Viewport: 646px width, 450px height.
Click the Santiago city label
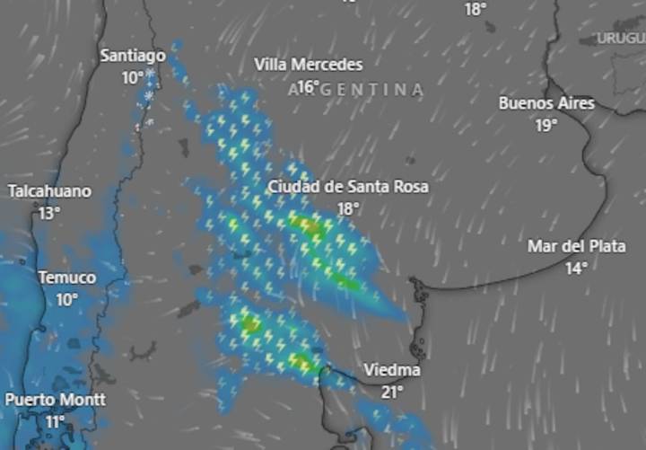[x=133, y=56]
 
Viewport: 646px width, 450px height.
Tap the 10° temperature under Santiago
[x=133, y=77]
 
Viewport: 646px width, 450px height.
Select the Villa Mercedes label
[x=309, y=65]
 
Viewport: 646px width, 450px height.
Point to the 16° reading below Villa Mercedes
[x=308, y=86]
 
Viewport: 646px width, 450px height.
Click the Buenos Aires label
[x=546, y=103]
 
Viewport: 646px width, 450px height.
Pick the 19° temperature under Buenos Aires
[x=546, y=125]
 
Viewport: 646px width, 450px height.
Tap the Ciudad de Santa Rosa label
[x=348, y=187]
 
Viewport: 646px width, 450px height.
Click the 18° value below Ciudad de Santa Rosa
[x=348, y=208]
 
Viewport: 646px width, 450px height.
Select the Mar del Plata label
[x=576, y=246]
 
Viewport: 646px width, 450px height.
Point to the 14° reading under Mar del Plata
[x=576, y=268]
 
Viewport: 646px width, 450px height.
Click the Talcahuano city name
[x=49, y=191]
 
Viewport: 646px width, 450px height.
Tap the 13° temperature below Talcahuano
[x=49, y=213]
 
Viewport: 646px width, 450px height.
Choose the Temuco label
[x=66, y=278]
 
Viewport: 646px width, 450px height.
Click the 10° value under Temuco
[x=67, y=299]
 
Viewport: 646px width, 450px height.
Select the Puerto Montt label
[x=56, y=400]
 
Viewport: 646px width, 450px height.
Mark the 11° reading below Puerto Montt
[x=56, y=421]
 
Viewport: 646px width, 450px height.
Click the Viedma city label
[x=392, y=370]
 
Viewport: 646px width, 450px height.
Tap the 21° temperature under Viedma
[x=392, y=392]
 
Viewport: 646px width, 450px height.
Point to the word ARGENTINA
[x=357, y=90]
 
